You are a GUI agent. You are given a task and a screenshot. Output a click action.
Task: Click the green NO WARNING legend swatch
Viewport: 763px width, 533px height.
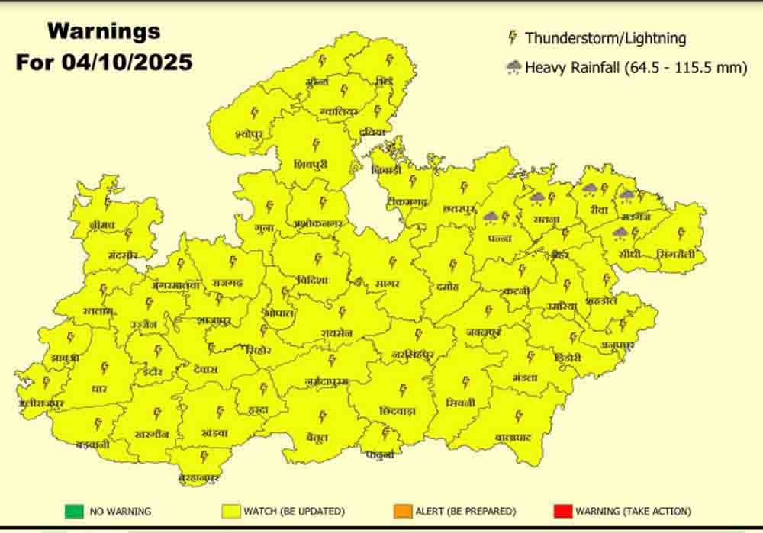coord(74,511)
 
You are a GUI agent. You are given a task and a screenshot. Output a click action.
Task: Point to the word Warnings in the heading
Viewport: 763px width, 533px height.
coord(104,32)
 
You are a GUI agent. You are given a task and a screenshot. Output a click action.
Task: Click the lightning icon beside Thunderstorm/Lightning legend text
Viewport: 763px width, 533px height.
coord(513,37)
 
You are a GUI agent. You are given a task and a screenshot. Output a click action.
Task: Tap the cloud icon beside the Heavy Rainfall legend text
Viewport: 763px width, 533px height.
coord(513,68)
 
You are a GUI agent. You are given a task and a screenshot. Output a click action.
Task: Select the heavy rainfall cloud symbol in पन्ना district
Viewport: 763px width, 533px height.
coord(491,217)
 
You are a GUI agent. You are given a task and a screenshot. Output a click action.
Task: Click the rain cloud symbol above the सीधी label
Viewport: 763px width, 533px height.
coord(620,232)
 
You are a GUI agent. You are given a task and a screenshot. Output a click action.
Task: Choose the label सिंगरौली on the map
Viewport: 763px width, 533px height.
coord(676,255)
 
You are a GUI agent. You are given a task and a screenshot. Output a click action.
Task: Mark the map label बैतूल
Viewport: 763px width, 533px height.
coord(319,438)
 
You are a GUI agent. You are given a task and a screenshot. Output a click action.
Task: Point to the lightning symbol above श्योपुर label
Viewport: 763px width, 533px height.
coord(255,112)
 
